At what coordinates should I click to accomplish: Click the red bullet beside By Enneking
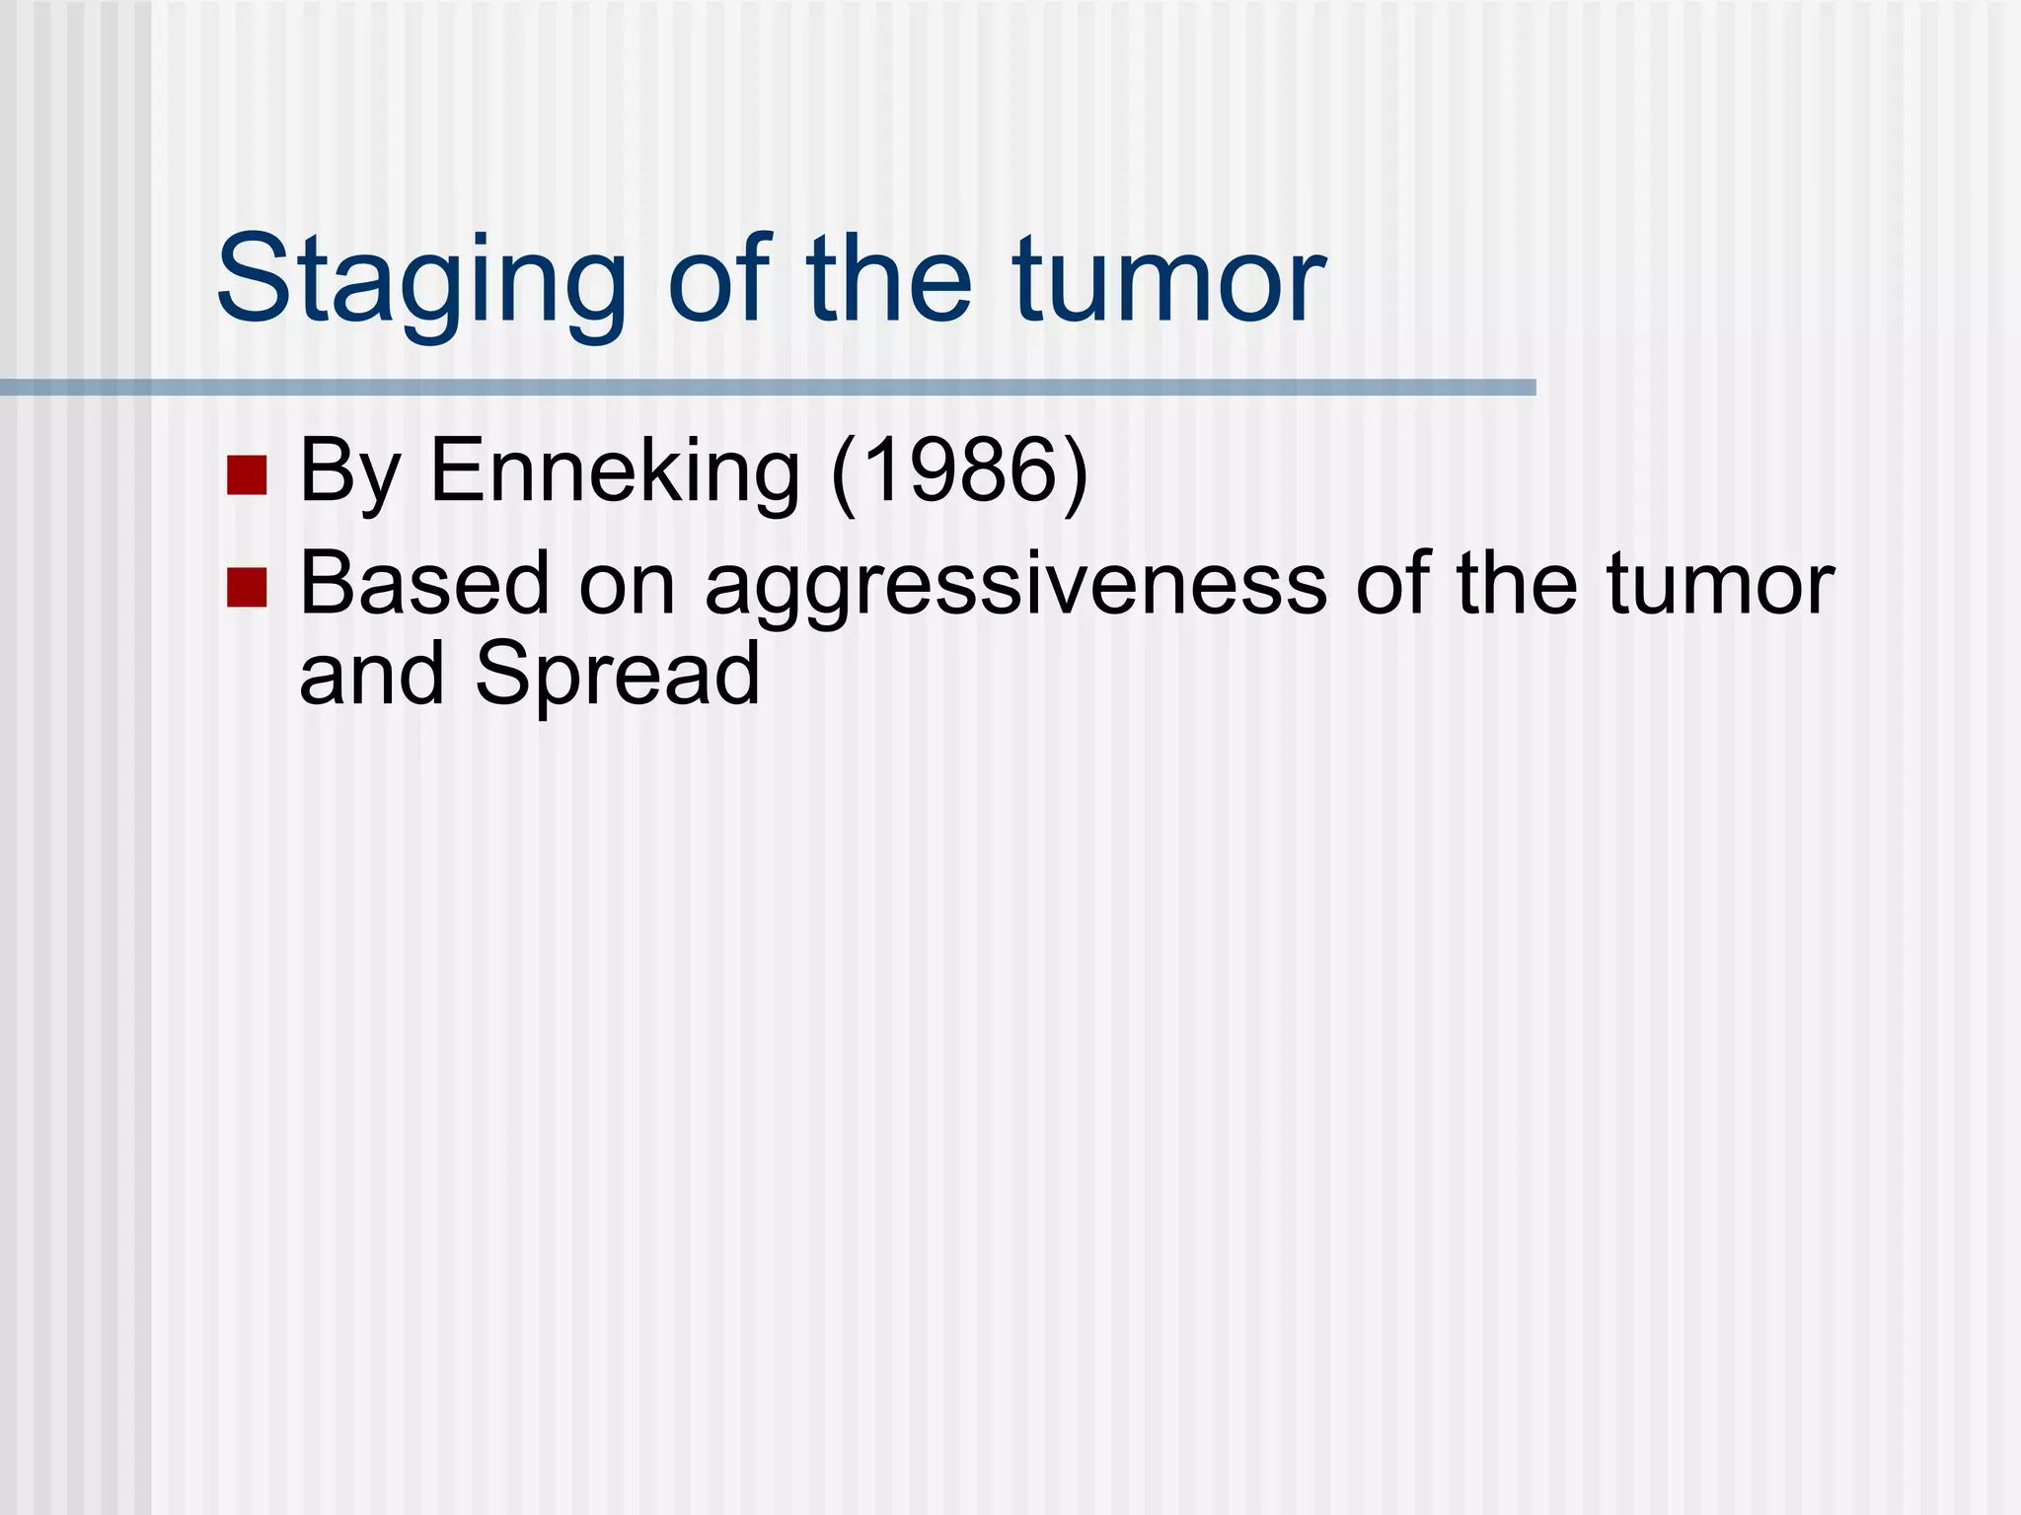247,474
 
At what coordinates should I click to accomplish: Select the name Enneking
614,471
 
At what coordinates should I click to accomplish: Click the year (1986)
960,471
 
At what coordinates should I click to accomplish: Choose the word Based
423,584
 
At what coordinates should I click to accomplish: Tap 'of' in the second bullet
1391,584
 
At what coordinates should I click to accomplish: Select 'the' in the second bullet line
1516,584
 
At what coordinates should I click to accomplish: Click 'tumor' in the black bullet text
1720,584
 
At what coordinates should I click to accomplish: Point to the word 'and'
371,675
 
